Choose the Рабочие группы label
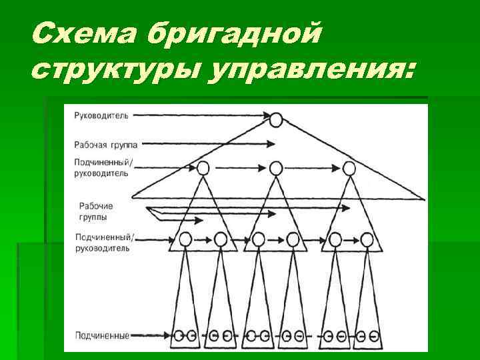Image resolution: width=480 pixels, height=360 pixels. point(96,211)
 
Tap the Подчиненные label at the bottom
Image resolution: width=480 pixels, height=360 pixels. point(101,335)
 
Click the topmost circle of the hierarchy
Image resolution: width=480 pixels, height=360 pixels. point(277,119)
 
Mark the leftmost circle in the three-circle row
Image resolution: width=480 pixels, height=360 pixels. point(203,167)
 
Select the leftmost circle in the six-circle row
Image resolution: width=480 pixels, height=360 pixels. point(186,238)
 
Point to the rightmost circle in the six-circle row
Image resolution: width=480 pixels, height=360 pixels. point(367,238)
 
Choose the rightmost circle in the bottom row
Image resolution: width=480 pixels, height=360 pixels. point(376,335)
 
